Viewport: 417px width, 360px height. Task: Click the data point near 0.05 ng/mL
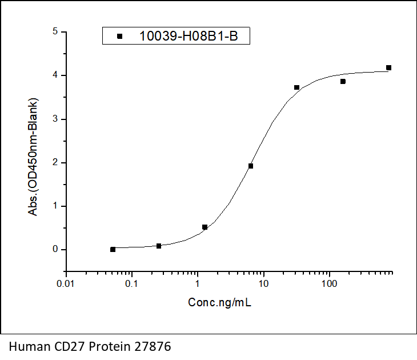[113, 249]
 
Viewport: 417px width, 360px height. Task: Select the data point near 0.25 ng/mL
[159, 246]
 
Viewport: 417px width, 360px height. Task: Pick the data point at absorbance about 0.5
[205, 227]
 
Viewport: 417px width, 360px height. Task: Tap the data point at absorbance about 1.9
[251, 166]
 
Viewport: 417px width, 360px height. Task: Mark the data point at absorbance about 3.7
[297, 87]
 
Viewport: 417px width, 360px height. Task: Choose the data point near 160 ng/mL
[343, 81]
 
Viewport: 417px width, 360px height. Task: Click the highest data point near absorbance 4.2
[388, 67]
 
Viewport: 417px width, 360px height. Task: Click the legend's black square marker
[120, 36]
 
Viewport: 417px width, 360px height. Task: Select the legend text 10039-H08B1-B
[189, 36]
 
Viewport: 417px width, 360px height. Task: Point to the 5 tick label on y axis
[55, 31]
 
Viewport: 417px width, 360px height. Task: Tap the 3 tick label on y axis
[55, 119]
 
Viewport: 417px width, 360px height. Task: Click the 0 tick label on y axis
[55, 249]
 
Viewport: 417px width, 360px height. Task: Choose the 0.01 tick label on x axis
[66, 284]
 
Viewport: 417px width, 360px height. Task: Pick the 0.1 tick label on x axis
[131, 284]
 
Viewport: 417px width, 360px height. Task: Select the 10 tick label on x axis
[263, 284]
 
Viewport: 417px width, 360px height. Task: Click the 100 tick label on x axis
[329, 284]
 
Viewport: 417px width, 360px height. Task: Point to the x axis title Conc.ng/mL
[220, 302]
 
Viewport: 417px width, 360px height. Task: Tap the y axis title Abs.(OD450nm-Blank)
[33, 157]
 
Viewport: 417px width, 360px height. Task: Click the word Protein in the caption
[110, 346]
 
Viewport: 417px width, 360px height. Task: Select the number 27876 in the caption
[153, 346]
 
